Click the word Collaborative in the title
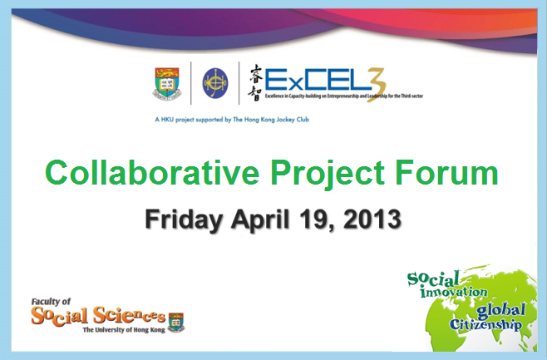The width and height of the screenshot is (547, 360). click(x=152, y=172)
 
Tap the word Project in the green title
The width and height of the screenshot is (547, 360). click(x=328, y=175)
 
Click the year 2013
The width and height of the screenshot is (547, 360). click(x=372, y=219)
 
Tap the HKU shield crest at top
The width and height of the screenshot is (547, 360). click(x=167, y=83)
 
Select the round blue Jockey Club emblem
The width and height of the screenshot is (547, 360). click(x=215, y=83)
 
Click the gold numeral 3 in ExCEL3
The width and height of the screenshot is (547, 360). click(x=376, y=85)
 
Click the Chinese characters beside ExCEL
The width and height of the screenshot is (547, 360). click(x=256, y=83)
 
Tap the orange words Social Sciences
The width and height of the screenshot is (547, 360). click(x=98, y=316)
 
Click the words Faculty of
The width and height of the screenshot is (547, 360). click(x=51, y=302)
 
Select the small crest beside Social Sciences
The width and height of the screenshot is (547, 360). click(x=176, y=322)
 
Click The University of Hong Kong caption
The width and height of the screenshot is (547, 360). click(x=124, y=330)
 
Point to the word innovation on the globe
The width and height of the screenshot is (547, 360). click(x=453, y=291)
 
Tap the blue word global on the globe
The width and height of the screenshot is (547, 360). click(x=501, y=310)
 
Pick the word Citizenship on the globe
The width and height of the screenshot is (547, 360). click(x=485, y=324)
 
